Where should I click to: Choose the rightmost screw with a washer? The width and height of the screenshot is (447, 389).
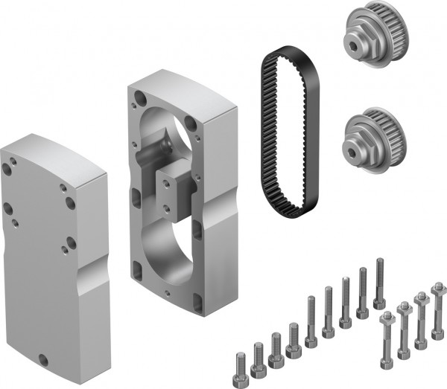point(437,312)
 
